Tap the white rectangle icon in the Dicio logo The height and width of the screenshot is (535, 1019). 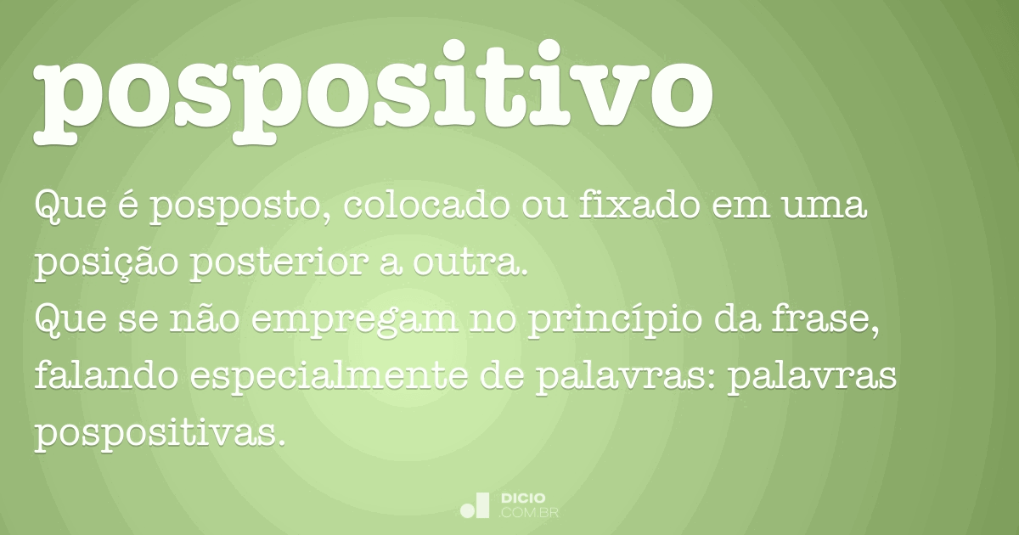tap(481, 504)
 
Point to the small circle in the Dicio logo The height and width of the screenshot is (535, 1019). tap(466, 510)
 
